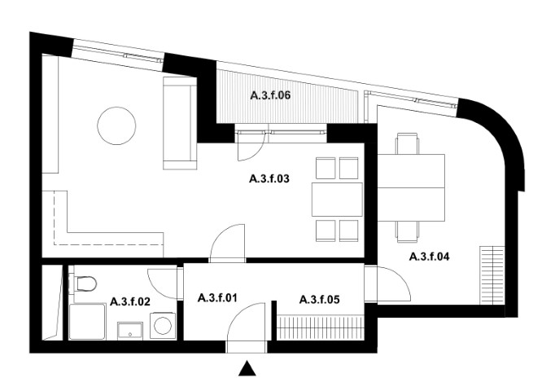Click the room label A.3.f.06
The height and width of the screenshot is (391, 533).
point(271,95)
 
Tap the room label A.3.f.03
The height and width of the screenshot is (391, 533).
point(269,178)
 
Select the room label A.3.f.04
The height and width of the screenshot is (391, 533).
point(430,257)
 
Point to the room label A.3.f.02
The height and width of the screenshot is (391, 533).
point(130,301)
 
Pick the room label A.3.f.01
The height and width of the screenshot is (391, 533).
point(217,298)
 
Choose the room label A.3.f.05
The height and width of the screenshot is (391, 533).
point(320,300)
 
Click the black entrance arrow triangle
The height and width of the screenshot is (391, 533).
point(247,369)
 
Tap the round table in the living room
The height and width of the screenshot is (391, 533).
point(116,126)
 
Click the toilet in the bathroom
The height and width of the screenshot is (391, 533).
point(83,283)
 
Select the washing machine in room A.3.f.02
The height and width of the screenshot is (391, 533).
point(163,326)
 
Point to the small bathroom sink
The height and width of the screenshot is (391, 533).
point(130,331)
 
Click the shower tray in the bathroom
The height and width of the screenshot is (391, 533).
point(87,322)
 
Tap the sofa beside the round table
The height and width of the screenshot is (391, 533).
point(180,123)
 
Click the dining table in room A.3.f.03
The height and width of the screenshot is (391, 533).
point(337,200)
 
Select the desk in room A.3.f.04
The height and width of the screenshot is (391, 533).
point(411,187)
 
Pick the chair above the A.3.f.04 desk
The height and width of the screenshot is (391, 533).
point(407,144)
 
